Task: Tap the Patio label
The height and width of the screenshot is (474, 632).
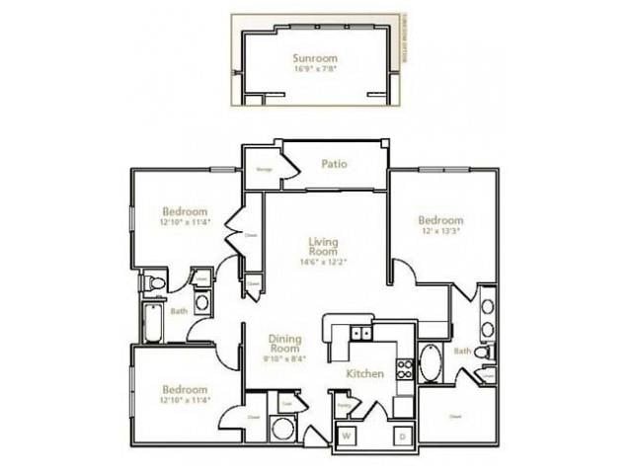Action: click(x=333, y=164)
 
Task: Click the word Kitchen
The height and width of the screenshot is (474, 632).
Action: click(x=363, y=375)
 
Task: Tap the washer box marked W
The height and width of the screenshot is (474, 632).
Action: click(x=348, y=434)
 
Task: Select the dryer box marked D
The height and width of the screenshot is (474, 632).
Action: click(x=403, y=434)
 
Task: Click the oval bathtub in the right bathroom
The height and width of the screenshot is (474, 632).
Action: click(x=432, y=363)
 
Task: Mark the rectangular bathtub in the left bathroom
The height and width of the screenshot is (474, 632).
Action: click(x=154, y=324)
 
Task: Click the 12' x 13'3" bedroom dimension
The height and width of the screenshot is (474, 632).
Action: click(x=439, y=232)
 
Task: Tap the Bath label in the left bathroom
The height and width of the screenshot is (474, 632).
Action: click(x=179, y=311)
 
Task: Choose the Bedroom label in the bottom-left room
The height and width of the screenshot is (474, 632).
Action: click(x=185, y=389)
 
